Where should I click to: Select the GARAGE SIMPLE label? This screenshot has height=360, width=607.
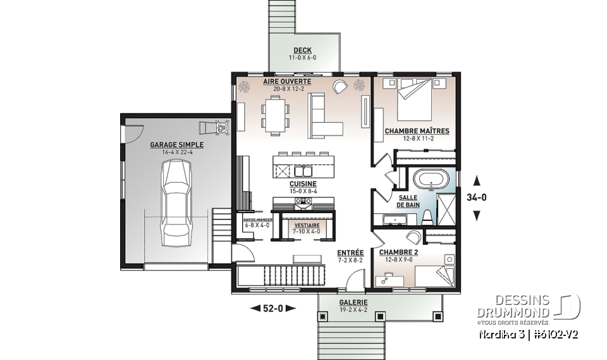click(168, 145)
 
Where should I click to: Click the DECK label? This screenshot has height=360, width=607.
click(302, 51)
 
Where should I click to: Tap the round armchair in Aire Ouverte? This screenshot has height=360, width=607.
click(341, 87)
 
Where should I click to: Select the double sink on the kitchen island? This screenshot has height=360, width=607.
click(301, 171)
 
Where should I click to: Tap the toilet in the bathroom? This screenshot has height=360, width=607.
click(427, 218)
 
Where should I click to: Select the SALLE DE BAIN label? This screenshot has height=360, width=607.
click(408, 201)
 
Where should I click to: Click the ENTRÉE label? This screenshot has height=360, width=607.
click(350, 252)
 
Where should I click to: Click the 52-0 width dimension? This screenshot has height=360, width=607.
click(273, 308)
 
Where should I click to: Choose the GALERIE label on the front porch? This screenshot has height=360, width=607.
click(353, 302)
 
